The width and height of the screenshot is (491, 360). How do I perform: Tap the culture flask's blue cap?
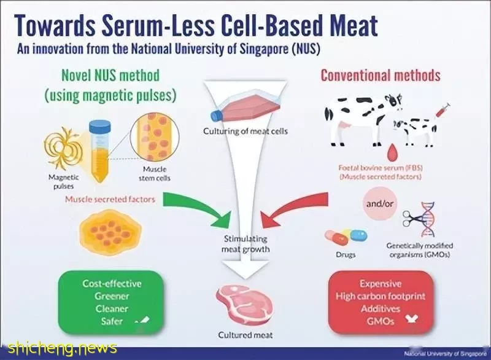[217, 115]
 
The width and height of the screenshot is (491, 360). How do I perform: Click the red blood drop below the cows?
[391, 152]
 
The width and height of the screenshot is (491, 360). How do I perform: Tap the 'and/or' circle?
[379, 204]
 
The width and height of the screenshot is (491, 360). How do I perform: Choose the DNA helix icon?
[427, 219]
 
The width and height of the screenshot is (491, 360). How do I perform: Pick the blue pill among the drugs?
[358, 235]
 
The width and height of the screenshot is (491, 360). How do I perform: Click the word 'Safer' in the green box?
[112, 321]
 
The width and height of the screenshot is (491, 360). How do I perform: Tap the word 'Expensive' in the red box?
[381, 284]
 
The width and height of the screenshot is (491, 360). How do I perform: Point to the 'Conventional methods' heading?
[381, 76]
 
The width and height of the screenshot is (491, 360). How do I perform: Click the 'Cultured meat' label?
[245, 335]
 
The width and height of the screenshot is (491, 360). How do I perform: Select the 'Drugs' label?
[346, 254]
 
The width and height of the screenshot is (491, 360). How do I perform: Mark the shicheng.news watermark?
[62, 348]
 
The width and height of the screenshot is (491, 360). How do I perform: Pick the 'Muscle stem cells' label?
[155, 174]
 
